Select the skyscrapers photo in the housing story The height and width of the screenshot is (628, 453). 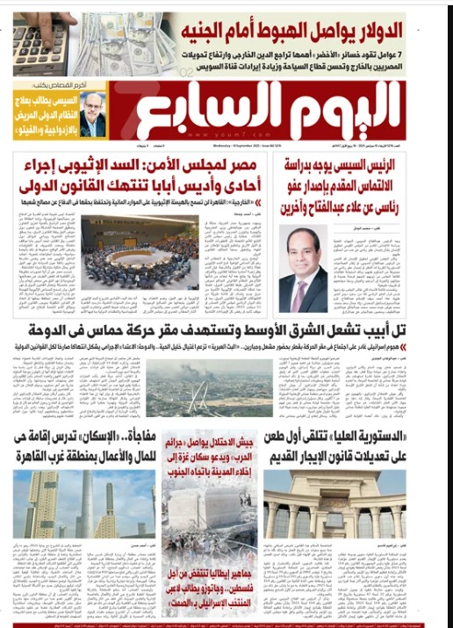coord(83,502)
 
